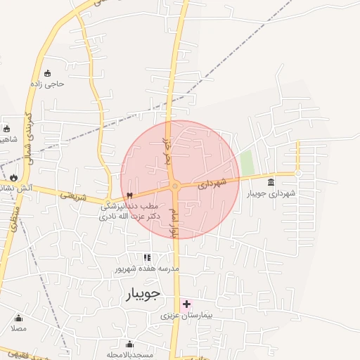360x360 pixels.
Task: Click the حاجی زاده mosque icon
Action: tap(47, 73)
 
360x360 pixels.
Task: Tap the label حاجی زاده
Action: tap(47, 84)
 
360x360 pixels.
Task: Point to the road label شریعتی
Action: tap(72, 197)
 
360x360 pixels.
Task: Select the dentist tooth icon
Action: tap(129, 195)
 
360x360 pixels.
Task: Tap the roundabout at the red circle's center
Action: tap(175, 186)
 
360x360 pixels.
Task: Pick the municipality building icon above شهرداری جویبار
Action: tap(271, 183)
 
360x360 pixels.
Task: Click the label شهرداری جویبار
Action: tap(271, 193)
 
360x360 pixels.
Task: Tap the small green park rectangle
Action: tap(247, 162)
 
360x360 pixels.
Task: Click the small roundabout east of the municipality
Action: tap(298, 172)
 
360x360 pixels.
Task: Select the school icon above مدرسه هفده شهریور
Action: tap(148, 258)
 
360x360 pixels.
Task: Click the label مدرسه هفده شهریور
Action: tap(148, 269)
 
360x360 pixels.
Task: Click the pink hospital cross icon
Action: tap(186, 304)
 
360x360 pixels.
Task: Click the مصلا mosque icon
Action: tap(18, 318)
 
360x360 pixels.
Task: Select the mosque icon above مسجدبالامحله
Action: tap(129, 345)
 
